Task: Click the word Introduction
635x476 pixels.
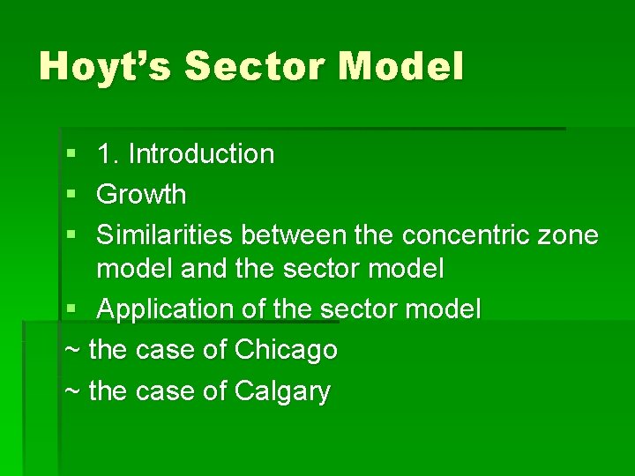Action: pos(201,154)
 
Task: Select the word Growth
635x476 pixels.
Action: pos(141,194)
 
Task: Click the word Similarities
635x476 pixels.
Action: pos(166,235)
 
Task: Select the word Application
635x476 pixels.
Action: pos(167,309)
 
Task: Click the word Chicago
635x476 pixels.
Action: pos(286,350)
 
